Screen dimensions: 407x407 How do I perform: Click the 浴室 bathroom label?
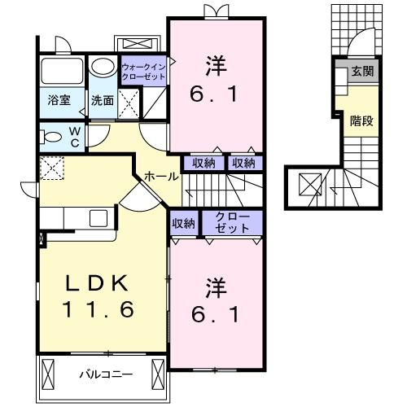(59, 101)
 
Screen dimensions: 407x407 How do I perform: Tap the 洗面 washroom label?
(102, 101)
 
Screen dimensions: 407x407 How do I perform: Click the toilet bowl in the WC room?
(50, 137)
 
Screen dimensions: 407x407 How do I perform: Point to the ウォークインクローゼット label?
(142, 72)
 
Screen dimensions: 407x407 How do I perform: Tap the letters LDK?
(97, 284)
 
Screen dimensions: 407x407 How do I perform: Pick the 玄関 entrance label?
(362, 72)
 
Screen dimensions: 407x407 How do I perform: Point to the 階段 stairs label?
(362, 120)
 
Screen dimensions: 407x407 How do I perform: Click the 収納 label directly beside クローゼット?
(183, 222)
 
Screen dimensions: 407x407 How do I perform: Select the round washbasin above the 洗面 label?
(103, 67)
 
